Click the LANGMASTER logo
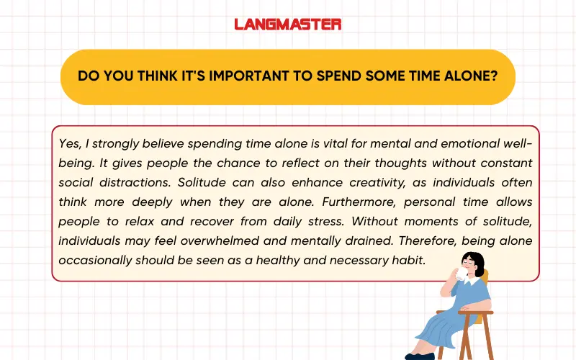[x=288, y=24]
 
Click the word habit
[x=410, y=260]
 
